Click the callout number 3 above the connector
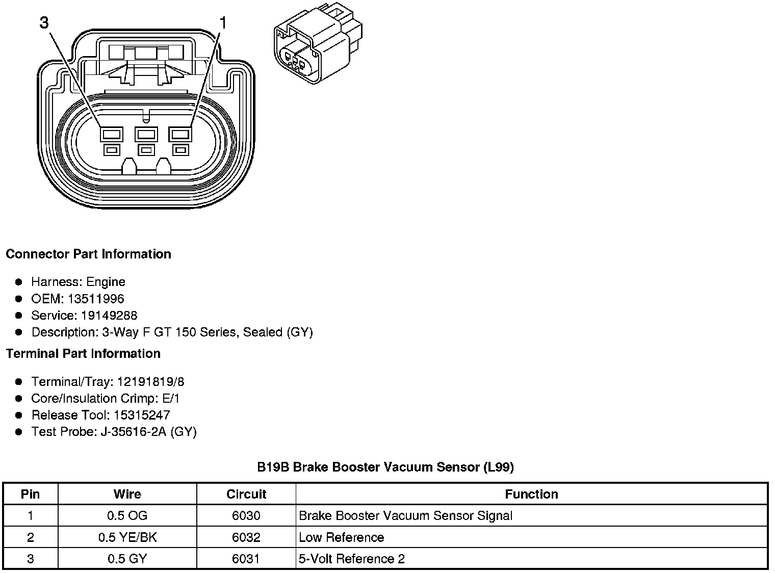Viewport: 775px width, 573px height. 45,23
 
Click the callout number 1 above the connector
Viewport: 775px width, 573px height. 222,23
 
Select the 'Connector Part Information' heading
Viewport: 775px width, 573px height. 88,254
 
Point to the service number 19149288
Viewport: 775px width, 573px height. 109,316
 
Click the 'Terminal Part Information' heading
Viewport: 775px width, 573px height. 83,353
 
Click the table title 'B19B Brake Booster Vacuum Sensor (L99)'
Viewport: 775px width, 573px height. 385,467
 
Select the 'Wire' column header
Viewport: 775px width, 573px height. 127,494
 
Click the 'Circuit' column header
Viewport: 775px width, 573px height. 246,494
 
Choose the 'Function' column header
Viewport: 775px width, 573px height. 531,494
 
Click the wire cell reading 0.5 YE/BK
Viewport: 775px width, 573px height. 127,537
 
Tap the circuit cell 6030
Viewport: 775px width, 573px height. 246,515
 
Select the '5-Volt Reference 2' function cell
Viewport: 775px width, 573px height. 352,559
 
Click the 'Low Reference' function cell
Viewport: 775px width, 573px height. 341,537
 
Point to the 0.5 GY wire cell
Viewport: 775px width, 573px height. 127,559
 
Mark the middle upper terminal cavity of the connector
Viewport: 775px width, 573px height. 146,135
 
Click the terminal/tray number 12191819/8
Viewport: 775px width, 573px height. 151,382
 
